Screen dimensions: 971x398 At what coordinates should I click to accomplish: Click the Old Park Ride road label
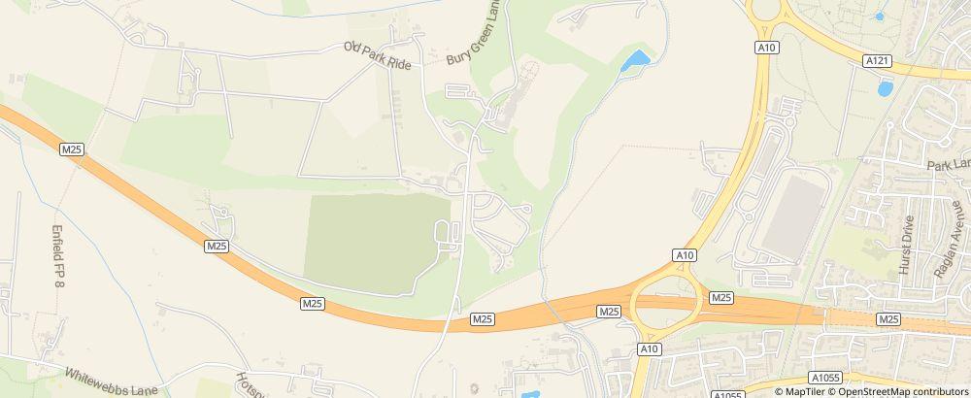point(379,54)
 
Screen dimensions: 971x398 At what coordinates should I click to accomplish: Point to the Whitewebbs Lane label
point(104,379)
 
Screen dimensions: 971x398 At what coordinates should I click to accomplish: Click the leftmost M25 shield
point(72,149)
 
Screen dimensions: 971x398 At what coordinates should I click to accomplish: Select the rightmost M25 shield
point(887,318)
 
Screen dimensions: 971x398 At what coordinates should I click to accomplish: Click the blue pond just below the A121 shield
point(885,88)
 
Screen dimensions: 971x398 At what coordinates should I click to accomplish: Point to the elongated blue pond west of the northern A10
point(636,61)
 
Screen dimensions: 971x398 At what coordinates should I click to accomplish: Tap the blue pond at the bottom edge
point(530,394)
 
